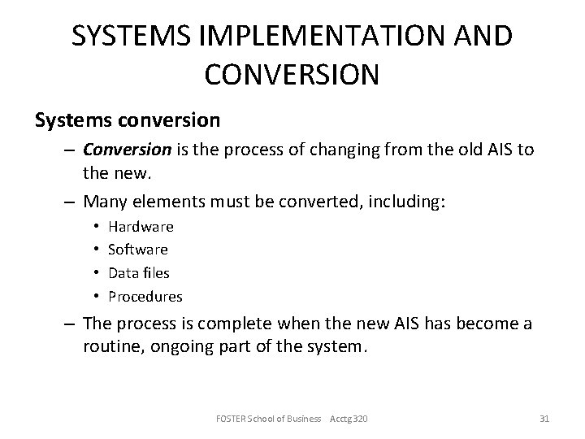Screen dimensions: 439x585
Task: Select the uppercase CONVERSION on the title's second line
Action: tap(292, 74)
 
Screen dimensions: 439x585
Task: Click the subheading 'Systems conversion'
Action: tap(127, 120)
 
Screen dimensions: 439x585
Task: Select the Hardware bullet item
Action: tap(141, 227)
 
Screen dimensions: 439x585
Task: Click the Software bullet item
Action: tap(138, 250)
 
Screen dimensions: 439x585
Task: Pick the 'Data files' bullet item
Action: tap(139, 273)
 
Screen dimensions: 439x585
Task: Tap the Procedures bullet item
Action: tap(145, 296)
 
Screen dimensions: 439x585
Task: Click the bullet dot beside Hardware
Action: tap(96, 227)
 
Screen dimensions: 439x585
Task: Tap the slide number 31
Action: tap(544, 419)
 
